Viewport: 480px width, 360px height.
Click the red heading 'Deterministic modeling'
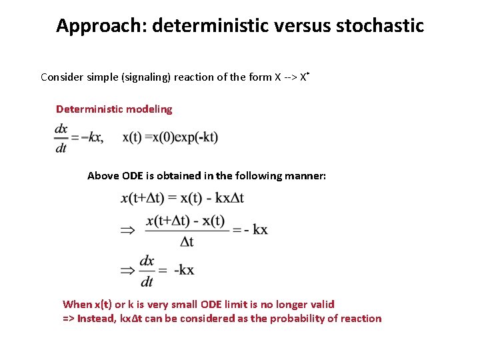tap(114, 109)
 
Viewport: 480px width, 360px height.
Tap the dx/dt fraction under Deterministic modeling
tap(61, 138)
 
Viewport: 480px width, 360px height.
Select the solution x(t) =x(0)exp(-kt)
tap(170, 137)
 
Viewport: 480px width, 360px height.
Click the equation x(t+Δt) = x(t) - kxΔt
tap(182, 198)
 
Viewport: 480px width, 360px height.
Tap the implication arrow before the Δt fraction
tap(127, 230)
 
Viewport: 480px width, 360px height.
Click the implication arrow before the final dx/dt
tap(127, 270)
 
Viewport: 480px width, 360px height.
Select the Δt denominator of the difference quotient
tap(187, 241)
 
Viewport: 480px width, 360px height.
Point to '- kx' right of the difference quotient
tap(256, 229)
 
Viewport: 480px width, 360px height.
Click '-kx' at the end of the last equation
tap(184, 270)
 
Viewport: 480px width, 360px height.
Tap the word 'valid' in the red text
tap(321, 304)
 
